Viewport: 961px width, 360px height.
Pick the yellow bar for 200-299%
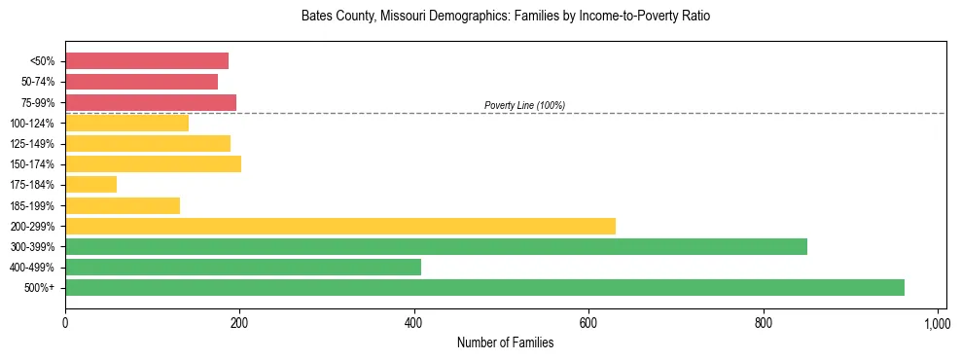340,226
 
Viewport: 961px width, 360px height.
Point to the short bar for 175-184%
90,184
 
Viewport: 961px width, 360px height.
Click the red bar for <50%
147,61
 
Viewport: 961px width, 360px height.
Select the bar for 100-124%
126,123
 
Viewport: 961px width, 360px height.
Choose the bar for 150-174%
153,163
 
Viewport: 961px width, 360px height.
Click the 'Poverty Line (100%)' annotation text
524,105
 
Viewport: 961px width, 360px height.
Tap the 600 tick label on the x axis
588,323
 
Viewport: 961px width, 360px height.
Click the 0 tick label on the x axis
65,323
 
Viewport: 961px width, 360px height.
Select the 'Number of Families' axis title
506,342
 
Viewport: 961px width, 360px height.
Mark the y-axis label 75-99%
38,102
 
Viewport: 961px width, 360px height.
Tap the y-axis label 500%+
39,288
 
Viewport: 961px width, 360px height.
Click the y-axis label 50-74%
38,82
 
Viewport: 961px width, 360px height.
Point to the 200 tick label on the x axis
239,323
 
